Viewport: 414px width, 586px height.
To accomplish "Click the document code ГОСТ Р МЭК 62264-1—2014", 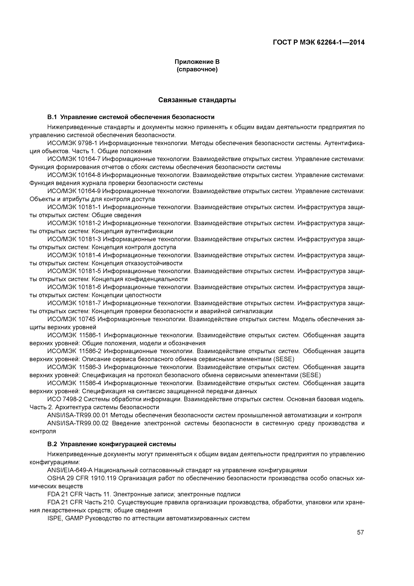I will tap(319, 42).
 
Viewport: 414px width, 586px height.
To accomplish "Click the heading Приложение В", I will tap(197, 62).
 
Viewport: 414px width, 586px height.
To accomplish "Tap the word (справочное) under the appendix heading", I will tap(197, 69).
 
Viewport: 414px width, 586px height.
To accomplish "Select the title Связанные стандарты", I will tap(197, 100).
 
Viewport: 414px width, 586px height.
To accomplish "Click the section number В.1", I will tap(52, 117).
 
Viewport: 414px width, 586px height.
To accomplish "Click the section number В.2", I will tap(52, 444).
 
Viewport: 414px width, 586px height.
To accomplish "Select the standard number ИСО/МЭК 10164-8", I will tap(74, 175).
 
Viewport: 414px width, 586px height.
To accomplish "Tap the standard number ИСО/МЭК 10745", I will tap(71, 319).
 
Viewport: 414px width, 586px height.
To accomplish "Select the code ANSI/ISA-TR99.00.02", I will tap(78, 423).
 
